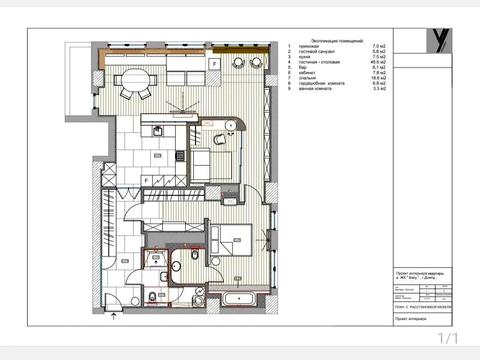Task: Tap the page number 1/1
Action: pos(446,339)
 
